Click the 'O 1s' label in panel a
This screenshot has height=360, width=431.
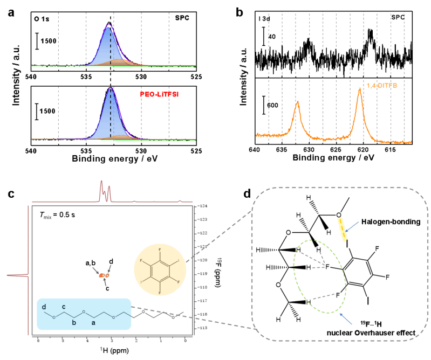[x=40, y=18]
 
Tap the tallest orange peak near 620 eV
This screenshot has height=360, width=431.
[x=359, y=89]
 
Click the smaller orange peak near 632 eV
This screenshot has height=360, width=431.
[x=297, y=102]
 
